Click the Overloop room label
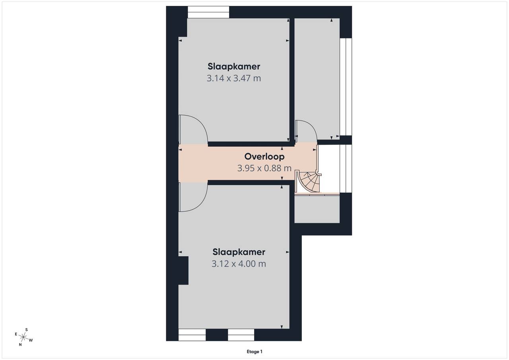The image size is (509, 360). tap(264, 157)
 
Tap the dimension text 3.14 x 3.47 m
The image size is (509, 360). tap(233, 78)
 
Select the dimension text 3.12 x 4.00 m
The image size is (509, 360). tap(239, 264)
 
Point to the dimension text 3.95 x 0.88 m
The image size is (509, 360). tap(264, 168)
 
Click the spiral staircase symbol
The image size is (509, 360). tap(308, 182)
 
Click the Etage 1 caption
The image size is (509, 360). tap(254, 352)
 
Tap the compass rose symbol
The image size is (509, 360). tap(23, 337)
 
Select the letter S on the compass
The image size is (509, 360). tap(26, 330)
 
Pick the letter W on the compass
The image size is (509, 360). tap(31, 340)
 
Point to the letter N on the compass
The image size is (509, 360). tap(20, 345)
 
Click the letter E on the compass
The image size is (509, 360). tap(16, 334)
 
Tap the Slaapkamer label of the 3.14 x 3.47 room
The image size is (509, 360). tap(233, 66)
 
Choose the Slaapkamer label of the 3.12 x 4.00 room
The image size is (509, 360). tap(239, 252)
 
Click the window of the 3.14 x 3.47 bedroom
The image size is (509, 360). tap(208, 12)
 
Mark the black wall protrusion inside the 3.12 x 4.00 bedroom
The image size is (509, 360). tap(183, 271)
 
